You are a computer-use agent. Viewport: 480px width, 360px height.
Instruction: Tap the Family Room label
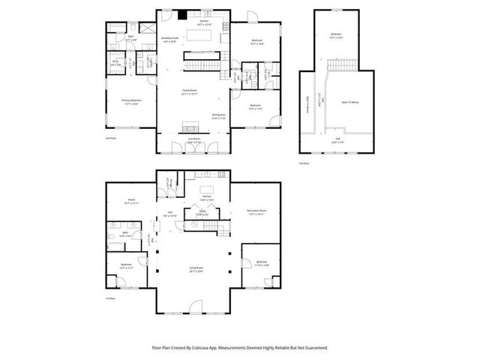click(189, 92)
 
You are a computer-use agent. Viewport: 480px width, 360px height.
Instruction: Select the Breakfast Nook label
click(170, 39)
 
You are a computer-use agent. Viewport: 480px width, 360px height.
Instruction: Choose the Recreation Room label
click(258, 212)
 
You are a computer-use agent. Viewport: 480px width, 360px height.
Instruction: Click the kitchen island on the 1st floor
click(206, 189)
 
